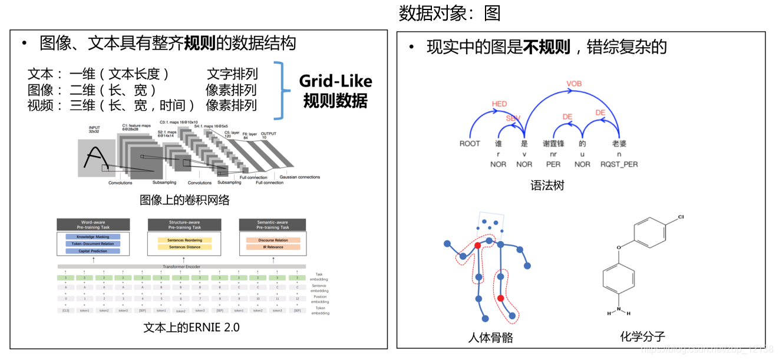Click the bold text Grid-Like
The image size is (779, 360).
335,81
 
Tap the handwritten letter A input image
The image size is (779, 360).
97,158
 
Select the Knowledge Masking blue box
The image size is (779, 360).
93,237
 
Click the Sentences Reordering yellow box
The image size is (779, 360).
184,240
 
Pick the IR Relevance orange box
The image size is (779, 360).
273,247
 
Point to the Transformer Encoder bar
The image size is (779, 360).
181,267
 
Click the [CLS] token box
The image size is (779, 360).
65,310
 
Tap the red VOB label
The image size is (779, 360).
574,84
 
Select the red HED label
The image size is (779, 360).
499,104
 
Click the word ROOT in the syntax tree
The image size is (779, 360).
470,144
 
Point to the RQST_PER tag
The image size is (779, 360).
619,164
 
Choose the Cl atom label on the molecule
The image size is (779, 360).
681,217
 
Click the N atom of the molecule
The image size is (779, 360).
618,306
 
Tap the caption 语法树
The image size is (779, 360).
547,186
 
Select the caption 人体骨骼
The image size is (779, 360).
490,338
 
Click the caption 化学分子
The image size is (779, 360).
642,336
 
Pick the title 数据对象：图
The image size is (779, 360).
449,13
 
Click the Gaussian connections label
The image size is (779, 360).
300,177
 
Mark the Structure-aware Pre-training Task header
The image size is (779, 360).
184,224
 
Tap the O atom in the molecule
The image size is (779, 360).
619,248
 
